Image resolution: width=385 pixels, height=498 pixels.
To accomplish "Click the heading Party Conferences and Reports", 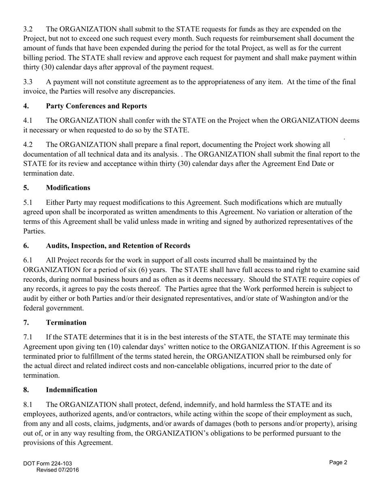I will tap(96, 106).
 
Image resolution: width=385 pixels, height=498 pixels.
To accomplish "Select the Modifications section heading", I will tap(68, 188).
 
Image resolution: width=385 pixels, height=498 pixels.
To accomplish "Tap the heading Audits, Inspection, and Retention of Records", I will tap(118, 246).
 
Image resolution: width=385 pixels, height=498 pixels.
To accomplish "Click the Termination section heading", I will tap(66, 323).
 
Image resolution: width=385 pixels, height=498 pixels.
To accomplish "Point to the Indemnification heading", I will tap(71, 390).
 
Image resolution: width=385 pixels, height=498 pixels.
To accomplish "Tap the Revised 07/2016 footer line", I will tap(58, 470).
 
